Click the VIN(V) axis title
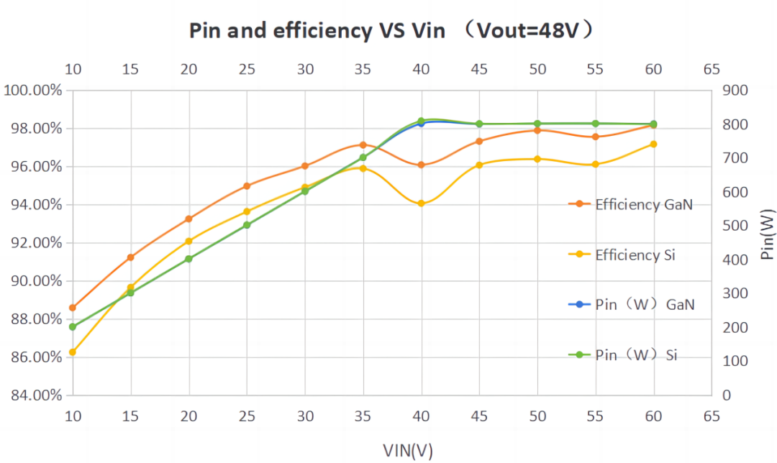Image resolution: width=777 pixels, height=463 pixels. pyautogui.click(x=408, y=450)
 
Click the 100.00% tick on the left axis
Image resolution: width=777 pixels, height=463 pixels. pyautogui.click(x=32, y=91)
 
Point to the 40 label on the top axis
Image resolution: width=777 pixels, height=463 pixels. pyautogui.click(x=421, y=70)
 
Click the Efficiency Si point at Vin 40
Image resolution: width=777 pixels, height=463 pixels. pyautogui.click(x=422, y=203)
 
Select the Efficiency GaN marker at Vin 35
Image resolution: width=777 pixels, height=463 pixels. pyautogui.click(x=363, y=145)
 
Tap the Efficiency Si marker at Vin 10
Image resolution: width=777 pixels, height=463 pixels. pyautogui.click(x=73, y=352)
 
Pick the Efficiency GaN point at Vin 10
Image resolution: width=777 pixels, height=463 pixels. pyautogui.click(x=73, y=308)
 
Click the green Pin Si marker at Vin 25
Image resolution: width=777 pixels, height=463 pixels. pyautogui.click(x=247, y=225)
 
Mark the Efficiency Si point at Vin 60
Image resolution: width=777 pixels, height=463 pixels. pyautogui.click(x=654, y=144)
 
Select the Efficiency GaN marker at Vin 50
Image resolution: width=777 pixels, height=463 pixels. pyautogui.click(x=537, y=130)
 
